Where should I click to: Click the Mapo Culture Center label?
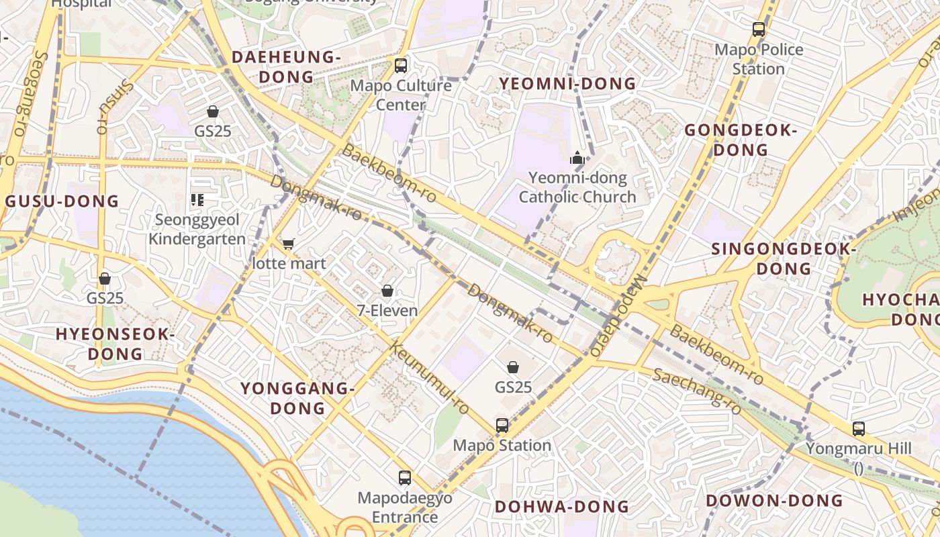click(401, 95)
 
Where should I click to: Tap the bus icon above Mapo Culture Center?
click(401, 65)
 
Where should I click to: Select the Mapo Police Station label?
click(759, 59)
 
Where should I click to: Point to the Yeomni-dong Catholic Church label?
click(577, 187)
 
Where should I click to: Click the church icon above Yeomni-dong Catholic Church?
click(577, 159)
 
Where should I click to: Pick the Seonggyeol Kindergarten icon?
click(197, 199)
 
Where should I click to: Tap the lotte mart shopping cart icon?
click(288, 244)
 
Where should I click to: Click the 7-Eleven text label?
click(387, 311)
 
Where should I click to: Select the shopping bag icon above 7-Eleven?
click(387, 291)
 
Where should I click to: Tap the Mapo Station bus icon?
click(502, 425)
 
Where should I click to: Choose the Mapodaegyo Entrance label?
click(405, 507)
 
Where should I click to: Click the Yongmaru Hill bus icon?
click(858, 428)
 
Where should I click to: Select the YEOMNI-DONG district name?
click(567, 84)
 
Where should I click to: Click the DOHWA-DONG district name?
click(561, 507)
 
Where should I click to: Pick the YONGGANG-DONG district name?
click(297, 398)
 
